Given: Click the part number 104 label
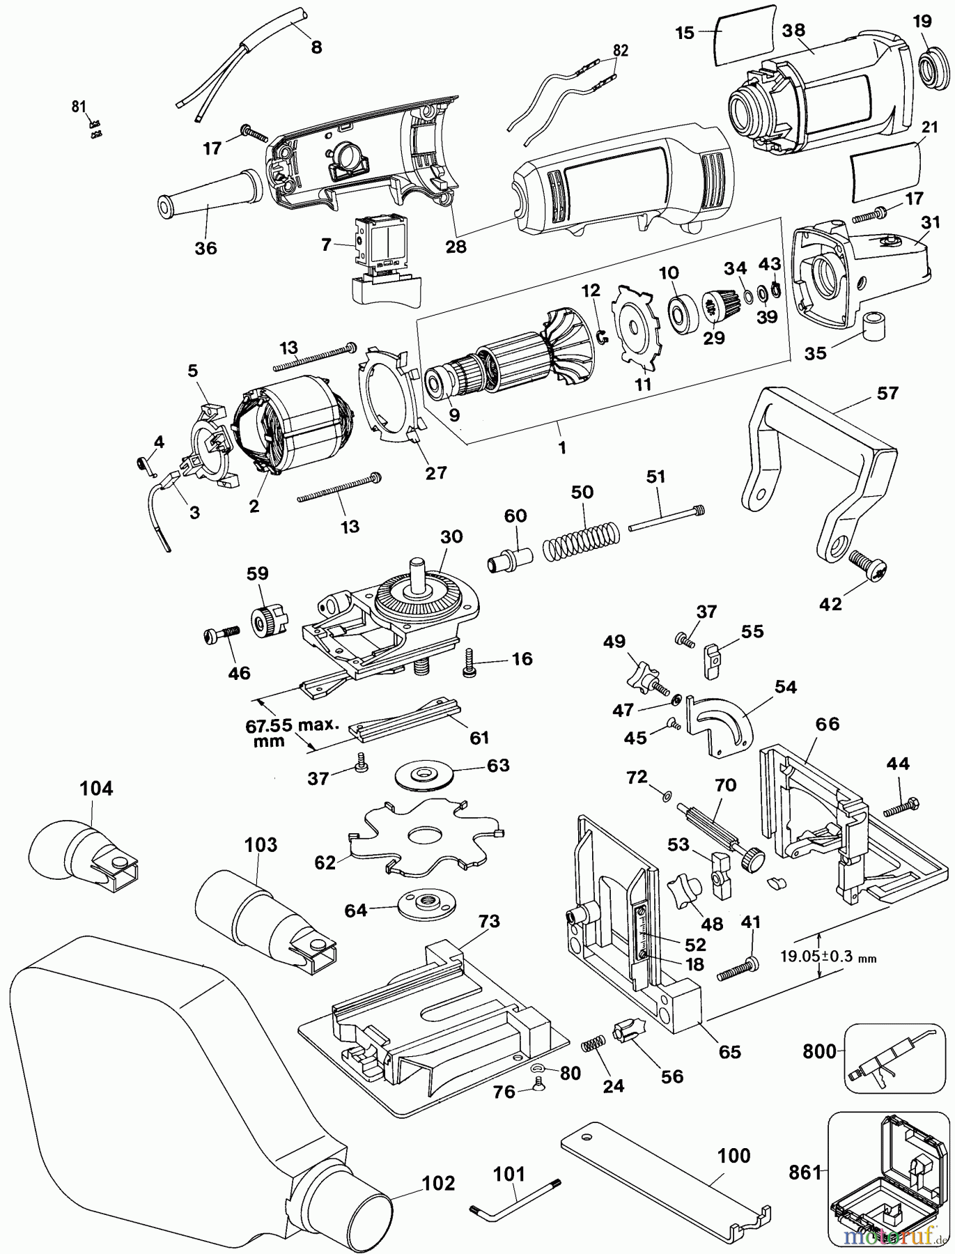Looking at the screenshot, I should [x=96, y=789].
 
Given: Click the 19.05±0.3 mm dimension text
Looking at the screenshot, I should [x=828, y=957].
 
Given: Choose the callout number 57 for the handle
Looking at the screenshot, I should [x=887, y=394].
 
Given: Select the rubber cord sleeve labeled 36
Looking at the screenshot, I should [x=209, y=197].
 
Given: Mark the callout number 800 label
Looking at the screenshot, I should [x=818, y=1050].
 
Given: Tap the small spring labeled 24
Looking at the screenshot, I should [x=592, y=1046].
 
